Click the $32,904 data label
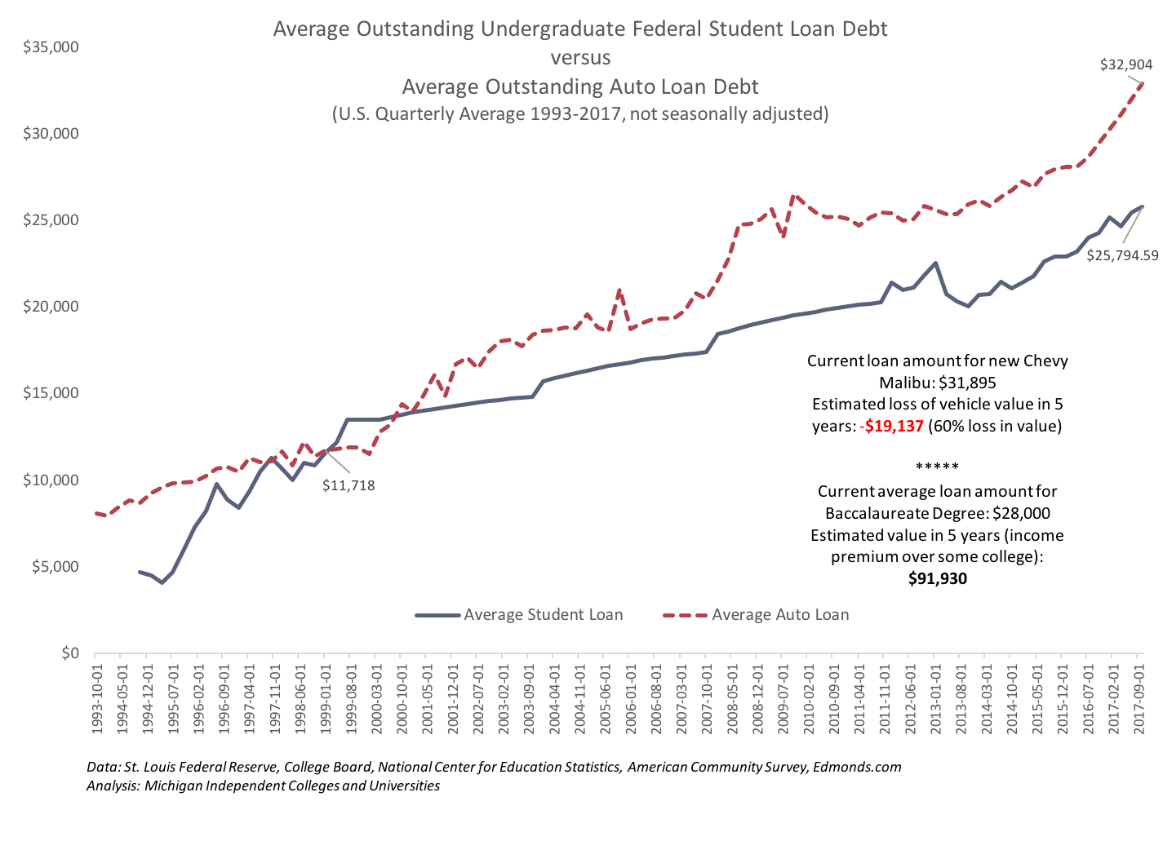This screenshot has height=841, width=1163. pyautogui.click(x=1126, y=64)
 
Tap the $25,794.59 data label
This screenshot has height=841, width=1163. pyautogui.click(x=1122, y=255)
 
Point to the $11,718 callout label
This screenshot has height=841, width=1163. pyautogui.click(x=348, y=485)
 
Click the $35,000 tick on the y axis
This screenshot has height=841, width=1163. pyautogui.click(x=51, y=47)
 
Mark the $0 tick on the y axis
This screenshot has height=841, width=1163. pyautogui.click(x=69, y=653)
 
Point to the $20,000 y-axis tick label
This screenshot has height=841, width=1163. pyautogui.click(x=51, y=307)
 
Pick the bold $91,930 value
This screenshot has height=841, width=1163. pyautogui.click(x=937, y=579)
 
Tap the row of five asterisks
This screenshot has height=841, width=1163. pyautogui.click(x=937, y=467)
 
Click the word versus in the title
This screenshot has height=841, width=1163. pyautogui.click(x=580, y=58)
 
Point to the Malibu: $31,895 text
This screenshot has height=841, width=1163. pyautogui.click(x=937, y=383)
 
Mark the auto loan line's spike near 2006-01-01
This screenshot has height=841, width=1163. pyautogui.click(x=620, y=290)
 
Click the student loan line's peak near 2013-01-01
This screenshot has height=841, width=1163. pyautogui.click(x=935, y=263)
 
